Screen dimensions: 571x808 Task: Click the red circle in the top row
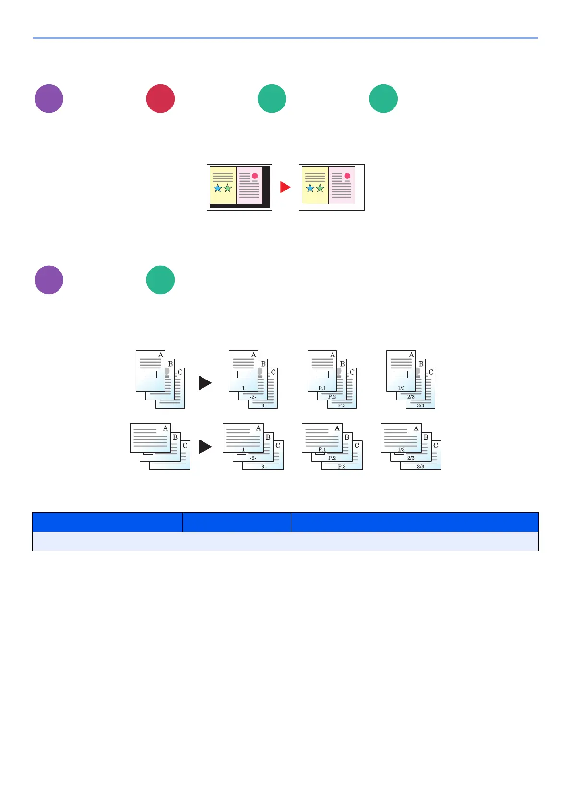(160, 99)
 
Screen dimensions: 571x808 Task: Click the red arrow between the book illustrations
(285, 187)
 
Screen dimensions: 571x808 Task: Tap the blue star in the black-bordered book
(218, 188)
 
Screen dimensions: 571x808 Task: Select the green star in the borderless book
(320, 188)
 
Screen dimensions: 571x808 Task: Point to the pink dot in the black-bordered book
(255, 176)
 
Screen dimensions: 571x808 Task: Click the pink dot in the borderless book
(347, 176)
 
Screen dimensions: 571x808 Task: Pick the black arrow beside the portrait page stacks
(205, 382)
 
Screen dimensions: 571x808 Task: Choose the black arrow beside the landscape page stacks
(205, 447)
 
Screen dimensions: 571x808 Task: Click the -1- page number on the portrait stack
(243, 388)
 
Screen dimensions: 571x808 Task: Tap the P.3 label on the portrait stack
(342, 405)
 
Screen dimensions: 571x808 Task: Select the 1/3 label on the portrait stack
(401, 388)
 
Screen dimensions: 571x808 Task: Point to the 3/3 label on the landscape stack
(421, 466)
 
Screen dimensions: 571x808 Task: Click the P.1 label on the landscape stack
(322, 450)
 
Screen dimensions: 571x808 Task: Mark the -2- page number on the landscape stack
(253, 458)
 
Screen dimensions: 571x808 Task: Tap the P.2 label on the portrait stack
(332, 397)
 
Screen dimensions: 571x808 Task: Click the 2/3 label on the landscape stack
(411, 458)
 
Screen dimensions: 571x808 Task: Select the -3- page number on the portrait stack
(263, 405)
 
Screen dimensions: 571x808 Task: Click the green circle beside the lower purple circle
(160, 280)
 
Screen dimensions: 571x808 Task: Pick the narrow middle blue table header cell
(237, 522)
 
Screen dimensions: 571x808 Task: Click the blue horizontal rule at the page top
(285, 38)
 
